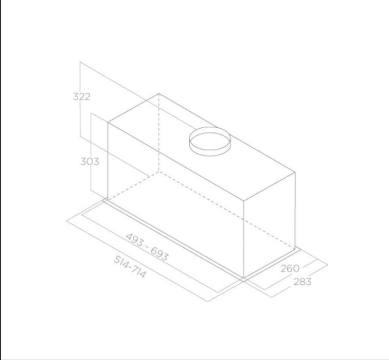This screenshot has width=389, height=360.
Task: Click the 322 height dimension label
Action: point(82,96)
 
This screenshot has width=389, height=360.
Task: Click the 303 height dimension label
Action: point(90,161)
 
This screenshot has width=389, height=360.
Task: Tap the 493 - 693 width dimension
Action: point(147,247)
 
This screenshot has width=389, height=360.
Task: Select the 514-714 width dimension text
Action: point(130,266)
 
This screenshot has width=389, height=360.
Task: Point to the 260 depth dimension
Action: point(290,268)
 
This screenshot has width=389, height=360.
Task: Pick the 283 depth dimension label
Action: point(303,282)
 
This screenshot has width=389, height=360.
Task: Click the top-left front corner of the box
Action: point(108,123)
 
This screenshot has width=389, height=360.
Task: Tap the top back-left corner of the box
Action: point(158,94)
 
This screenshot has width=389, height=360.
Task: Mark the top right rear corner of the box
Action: point(295,172)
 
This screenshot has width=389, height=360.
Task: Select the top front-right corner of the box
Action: point(244,200)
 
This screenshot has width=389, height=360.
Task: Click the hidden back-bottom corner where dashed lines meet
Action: point(158,170)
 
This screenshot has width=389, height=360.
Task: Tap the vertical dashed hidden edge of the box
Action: point(158,134)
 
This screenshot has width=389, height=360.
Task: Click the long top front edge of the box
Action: point(175,161)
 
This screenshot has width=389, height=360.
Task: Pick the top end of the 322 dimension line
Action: point(80,62)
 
